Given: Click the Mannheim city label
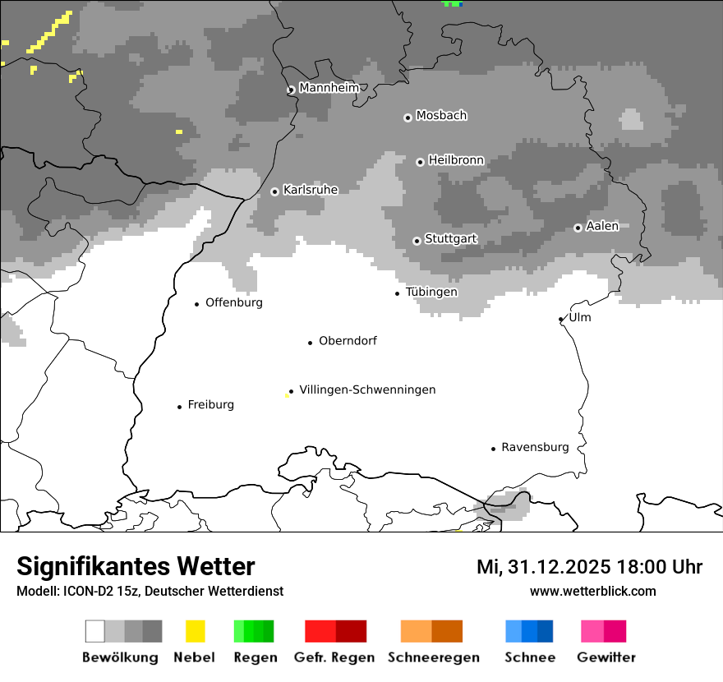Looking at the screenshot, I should coord(329,88).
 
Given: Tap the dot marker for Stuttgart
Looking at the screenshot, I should coord(417,241).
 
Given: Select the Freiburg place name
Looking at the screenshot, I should coord(210,404).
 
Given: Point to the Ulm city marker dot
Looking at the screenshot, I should coord(561,319).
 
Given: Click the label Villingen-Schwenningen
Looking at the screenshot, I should coord(367,389).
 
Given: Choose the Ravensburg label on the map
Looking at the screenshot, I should coord(535,447).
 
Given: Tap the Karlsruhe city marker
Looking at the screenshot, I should coord(274,191).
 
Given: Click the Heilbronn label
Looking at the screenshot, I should coord(456,160).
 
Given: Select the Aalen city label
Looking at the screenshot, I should coord(602,226).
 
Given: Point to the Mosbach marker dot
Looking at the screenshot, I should coord(408,118).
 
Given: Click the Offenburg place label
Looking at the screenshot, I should coord(234,302).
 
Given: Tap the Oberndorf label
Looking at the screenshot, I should coord(348,341).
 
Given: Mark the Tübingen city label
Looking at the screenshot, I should coord(431,292).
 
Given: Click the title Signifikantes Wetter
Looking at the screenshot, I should coord(136,566).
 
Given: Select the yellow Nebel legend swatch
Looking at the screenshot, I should coord(195,631).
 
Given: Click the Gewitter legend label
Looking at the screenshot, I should coord(606,657).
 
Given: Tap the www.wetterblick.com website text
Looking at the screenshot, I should coord(592,591).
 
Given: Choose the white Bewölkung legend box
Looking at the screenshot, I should coord(95,631).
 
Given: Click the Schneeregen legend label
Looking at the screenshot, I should coord(434,657).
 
